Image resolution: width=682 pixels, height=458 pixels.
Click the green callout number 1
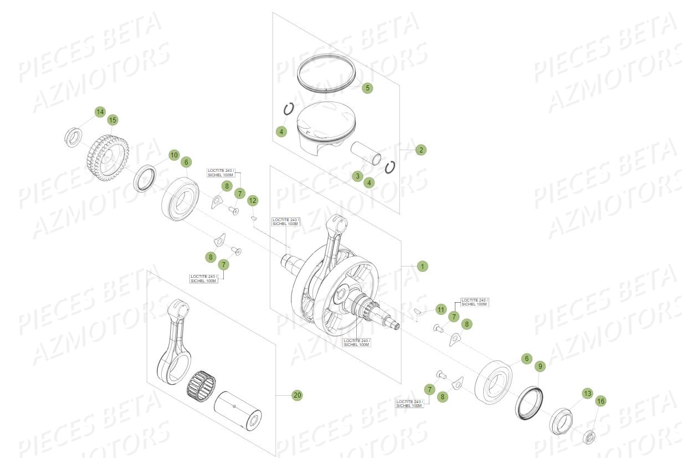422,267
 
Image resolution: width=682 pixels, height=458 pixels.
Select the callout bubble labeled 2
421,150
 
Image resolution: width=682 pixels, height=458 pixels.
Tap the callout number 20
298,395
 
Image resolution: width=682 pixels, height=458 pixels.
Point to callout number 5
367,88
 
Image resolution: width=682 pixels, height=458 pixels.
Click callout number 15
112,120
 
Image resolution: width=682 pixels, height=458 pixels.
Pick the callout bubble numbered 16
601,401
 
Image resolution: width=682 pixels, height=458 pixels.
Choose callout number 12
253,200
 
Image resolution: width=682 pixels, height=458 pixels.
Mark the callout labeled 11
440,309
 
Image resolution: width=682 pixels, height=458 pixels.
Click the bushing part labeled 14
73,137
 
